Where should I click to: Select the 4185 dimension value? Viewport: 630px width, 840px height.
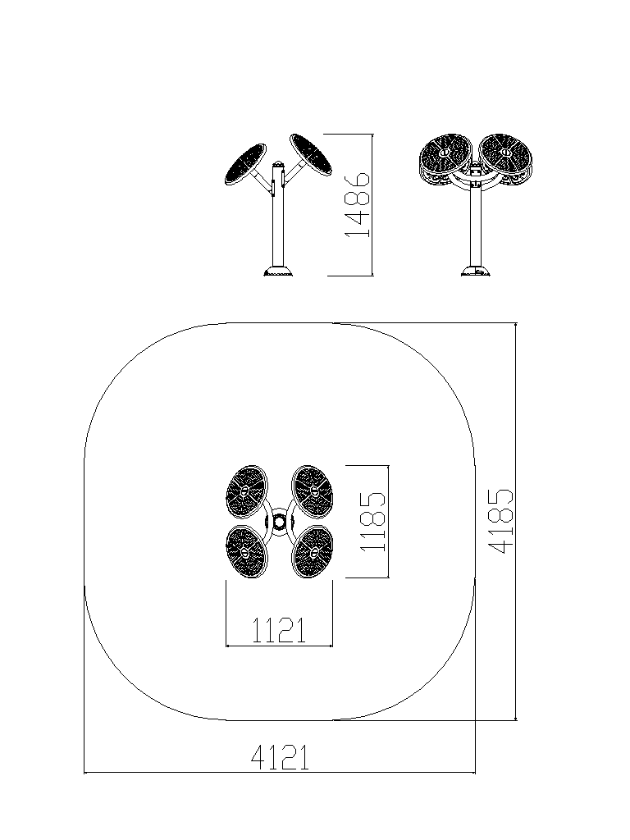coord(501,521)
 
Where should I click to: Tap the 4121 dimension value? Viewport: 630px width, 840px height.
coord(281,757)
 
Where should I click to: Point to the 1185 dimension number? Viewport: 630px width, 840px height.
coord(373,521)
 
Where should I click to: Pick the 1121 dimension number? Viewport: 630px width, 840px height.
coord(279,630)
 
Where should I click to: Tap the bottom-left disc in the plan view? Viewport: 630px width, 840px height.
coord(247,552)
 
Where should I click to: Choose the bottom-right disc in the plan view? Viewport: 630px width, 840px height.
coord(313,552)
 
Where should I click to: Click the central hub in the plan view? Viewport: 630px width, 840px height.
coord(279,522)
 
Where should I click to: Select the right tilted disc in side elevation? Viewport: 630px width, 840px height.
coord(311,155)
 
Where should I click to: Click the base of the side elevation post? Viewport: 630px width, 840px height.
coord(279,271)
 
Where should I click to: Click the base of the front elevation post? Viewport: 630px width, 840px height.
coord(476,271)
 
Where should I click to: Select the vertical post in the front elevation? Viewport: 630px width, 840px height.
coord(475,225)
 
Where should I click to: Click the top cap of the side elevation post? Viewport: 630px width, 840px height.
coord(279,163)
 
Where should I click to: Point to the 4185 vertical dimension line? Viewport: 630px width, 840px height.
coord(515,521)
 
